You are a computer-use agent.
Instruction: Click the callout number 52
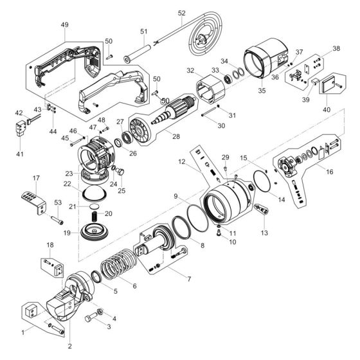pos(181,13)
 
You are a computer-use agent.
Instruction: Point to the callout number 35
pos(262,91)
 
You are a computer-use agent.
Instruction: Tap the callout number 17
pos(37,178)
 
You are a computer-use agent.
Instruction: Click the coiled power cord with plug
pos(206,39)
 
